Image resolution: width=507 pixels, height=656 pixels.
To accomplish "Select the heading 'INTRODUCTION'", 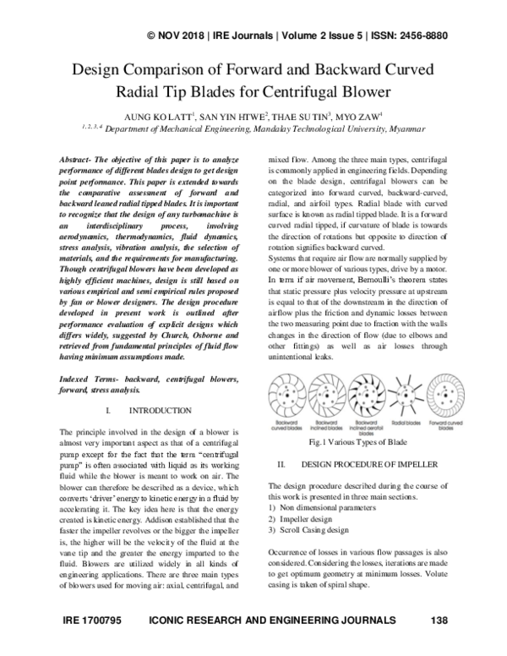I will (163, 410).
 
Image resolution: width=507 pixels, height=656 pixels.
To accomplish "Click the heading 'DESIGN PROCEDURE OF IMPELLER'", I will (368, 465).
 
